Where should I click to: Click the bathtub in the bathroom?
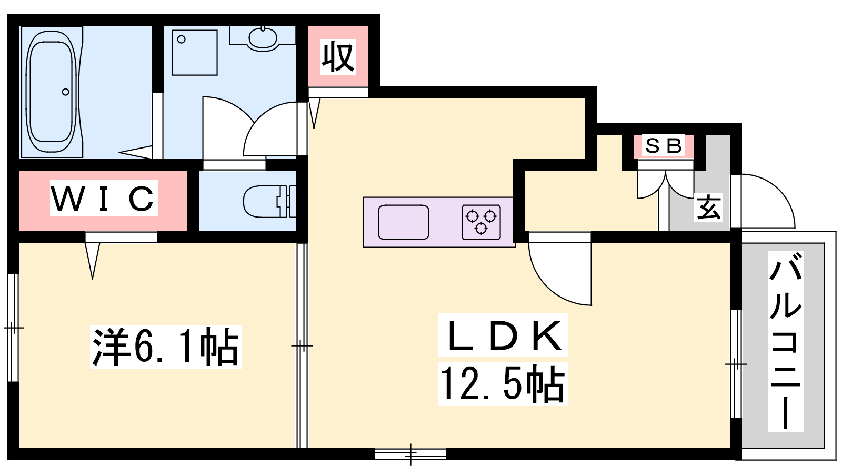click(x=52, y=92)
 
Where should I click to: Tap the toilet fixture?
click(x=269, y=201)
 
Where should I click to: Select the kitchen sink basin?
click(x=403, y=222)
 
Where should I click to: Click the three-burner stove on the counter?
click(x=481, y=222)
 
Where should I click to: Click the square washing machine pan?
click(x=195, y=53)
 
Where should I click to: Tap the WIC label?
click(x=104, y=198)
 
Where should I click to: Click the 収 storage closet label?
click(x=338, y=57)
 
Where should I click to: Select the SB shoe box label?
click(x=664, y=146)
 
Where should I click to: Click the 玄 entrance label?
click(x=708, y=207)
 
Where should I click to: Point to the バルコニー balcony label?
click(x=785, y=341)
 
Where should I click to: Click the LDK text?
click(x=503, y=335)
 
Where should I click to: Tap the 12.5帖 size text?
click(x=503, y=384)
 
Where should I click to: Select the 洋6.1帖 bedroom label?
click(x=166, y=347)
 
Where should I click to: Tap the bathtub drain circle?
click(x=65, y=92)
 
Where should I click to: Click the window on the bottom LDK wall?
click(x=410, y=454)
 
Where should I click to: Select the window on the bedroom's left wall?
click(x=13, y=328)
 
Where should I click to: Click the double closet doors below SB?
click(x=665, y=184)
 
